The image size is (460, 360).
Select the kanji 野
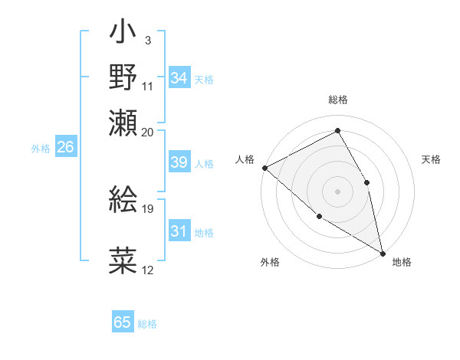point(123,78)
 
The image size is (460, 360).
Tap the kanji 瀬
point(123,122)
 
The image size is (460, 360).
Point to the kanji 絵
point(123,200)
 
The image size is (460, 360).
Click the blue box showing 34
point(179,78)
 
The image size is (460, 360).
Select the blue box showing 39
point(179,163)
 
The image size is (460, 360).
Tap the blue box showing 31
point(179,232)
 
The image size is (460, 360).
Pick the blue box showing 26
point(65,148)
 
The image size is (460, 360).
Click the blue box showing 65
point(123,322)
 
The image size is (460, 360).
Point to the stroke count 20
point(148,133)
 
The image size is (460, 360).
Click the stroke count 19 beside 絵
point(148,208)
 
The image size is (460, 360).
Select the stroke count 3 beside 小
point(147,39)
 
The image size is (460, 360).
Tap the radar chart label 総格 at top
point(337,100)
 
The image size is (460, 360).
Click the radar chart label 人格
point(245,159)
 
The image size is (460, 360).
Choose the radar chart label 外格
point(270,262)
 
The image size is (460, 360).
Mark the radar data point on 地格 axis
point(383,253)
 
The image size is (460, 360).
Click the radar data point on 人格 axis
point(264,167)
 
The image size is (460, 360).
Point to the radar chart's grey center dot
point(337,191)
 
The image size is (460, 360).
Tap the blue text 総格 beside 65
point(147,324)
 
